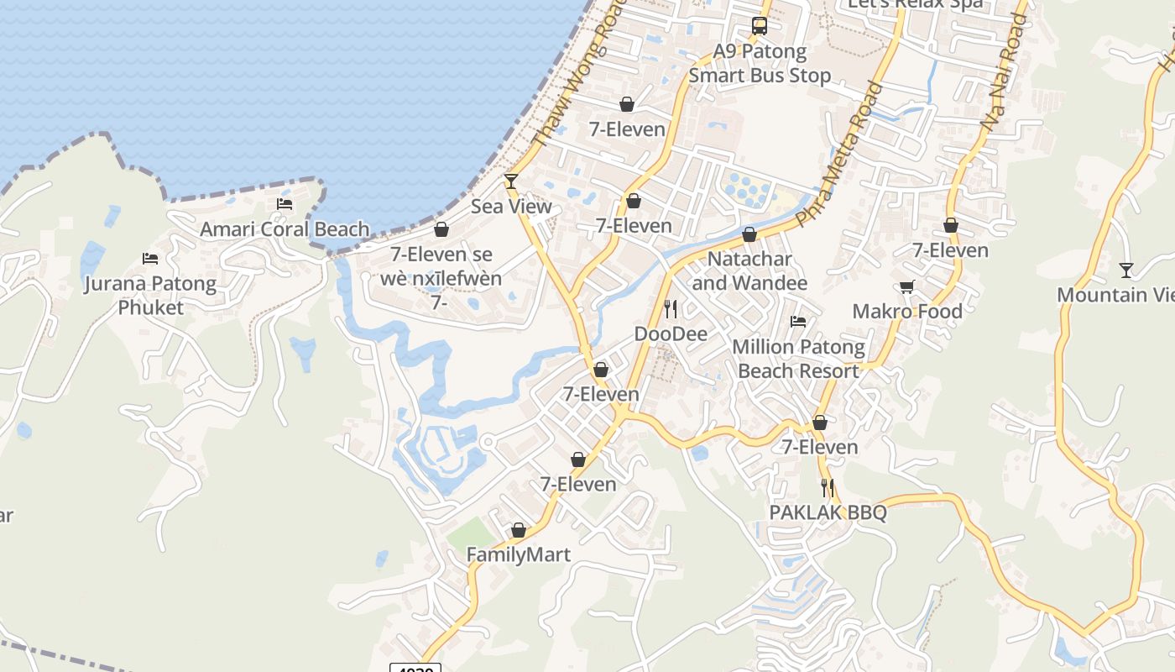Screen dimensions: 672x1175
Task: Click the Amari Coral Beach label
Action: [285, 229]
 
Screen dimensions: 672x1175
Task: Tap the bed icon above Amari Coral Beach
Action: [285, 204]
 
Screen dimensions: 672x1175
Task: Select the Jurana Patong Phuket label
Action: [150, 296]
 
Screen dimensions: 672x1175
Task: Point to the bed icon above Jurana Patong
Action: [150, 259]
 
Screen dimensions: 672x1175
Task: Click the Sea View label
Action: [511, 207]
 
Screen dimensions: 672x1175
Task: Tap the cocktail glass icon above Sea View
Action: [510, 181]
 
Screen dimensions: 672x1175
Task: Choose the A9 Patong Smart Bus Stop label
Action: [760, 64]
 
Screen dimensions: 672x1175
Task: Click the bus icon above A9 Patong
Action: [760, 26]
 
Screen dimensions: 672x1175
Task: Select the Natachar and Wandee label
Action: [749, 271]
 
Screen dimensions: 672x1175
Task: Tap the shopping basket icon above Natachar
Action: [749, 234]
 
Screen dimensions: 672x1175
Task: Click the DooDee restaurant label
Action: [671, 334]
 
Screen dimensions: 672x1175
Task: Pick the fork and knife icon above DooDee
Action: [671, 309]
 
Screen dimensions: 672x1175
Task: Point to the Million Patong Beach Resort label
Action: [798, 359]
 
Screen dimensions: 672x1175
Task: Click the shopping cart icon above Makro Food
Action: [907, 287]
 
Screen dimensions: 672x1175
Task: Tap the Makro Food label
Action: [907, 312]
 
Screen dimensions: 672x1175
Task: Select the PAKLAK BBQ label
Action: [828, 512]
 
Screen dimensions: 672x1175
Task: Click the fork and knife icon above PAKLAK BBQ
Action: [828, 487]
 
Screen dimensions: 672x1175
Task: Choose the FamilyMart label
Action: [518, 555]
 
